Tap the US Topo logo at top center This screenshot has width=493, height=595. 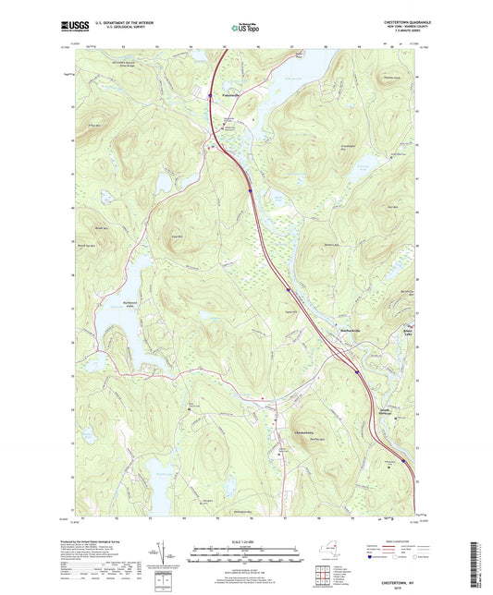coord(239,29)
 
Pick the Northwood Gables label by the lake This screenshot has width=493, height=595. coord(109,331)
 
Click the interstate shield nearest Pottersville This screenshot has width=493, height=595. coord(250,191)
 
